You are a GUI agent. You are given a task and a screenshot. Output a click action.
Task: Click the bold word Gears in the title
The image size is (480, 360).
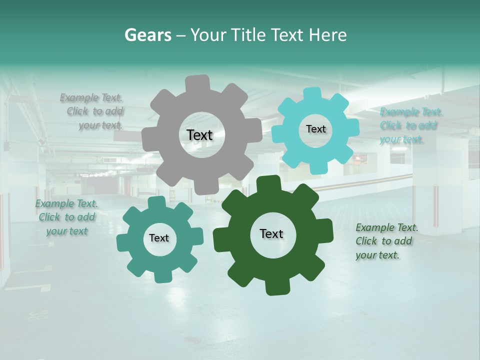click(148, 35)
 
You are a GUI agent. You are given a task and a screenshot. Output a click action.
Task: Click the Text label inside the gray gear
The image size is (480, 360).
click(199, 135)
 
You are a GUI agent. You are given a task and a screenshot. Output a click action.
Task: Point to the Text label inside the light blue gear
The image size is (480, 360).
click(315, 129)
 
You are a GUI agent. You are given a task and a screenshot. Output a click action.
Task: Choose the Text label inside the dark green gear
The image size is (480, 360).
click(271, 233)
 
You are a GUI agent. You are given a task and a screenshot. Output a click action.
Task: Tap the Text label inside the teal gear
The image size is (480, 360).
click(159, 238)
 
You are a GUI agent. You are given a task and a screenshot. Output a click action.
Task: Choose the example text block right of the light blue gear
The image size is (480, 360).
click(410, 125)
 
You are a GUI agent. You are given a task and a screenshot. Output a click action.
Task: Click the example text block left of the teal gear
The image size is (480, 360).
click(66, 217)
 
